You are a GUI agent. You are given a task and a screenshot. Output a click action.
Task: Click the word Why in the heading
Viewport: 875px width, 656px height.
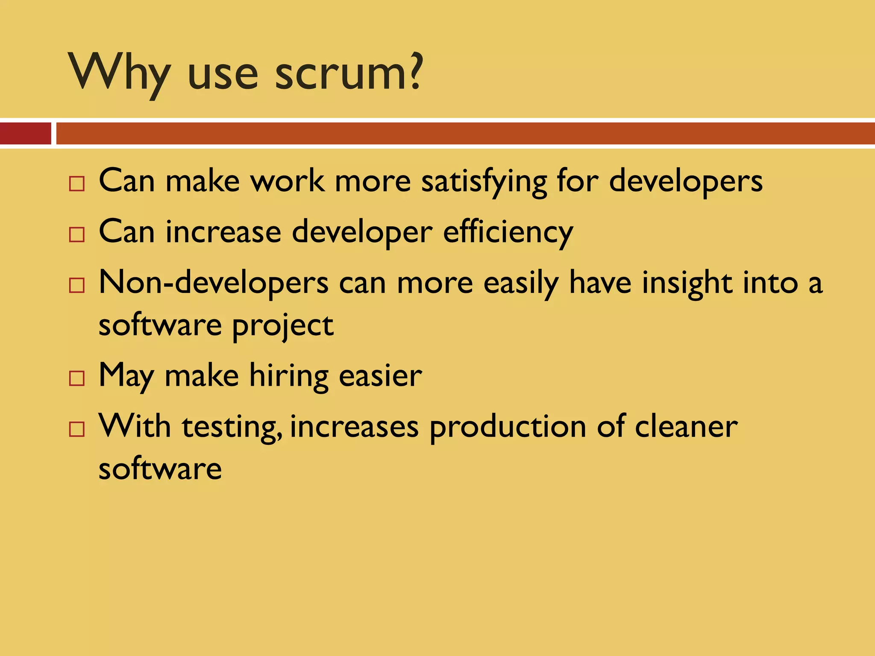pyautogui.click(x=120, y=73)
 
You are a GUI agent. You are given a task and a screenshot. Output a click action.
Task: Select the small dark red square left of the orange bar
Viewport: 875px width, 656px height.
pyautogui.click(x=25, y=133)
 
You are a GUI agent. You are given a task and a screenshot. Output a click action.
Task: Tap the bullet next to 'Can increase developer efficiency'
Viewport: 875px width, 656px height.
pyautogui.click(x=77, y=234)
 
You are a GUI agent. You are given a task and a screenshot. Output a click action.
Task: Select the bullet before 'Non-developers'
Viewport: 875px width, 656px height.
pyautogui.click(x=77, y=285)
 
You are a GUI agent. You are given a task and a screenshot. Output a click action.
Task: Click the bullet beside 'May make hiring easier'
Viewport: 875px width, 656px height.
pyautogui.click(x=77, y=378)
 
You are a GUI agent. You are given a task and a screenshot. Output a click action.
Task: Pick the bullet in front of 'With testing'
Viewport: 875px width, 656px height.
pyautogui.click(x=77, y=429)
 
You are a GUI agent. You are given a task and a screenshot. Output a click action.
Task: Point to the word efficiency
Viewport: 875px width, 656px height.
pyautogui.click(x=508, y=233)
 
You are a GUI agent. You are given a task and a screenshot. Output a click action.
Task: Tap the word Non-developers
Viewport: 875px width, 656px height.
pyautogui.click(x=214, y=284)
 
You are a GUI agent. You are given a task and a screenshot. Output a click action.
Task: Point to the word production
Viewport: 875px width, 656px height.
pyautogui.click(x=508, y=428)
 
